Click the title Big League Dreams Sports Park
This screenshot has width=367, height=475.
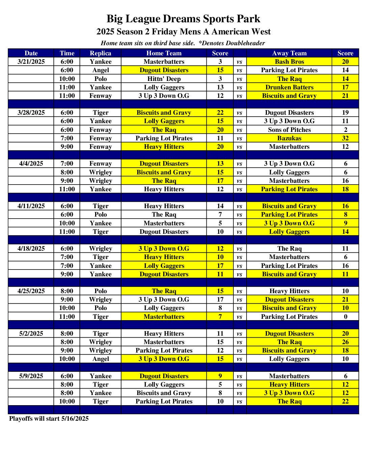(x=183, y=19)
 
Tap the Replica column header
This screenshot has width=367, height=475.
(x=101, y=53)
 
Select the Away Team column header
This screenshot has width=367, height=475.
(x=289, y=53)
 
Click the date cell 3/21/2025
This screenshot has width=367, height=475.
(x=31, y=62)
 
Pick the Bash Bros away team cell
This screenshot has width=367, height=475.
(x=289, y=62)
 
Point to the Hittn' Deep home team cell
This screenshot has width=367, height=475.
(x=164, y=79)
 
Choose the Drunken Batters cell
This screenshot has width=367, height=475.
(x=289, y=87)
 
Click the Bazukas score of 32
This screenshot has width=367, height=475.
(x=345, y=138)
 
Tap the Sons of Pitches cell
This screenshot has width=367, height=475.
(x=289, y=130)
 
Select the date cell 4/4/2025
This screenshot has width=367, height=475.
(x=31, y=164)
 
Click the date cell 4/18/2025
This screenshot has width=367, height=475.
(x=31, y=249)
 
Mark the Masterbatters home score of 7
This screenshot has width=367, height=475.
(x=220, y=317)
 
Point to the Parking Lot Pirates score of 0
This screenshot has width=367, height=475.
(x=345, y=317)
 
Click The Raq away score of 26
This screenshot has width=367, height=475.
(x=345, y=342)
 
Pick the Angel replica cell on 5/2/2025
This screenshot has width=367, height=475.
(x=101, y=359)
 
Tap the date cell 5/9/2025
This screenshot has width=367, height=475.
(x=31, y=376)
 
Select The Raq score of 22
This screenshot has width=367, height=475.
(x=345, y=401)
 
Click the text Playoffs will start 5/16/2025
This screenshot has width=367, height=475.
(x=49, y=419)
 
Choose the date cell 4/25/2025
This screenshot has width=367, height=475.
(x=31, y=291)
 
